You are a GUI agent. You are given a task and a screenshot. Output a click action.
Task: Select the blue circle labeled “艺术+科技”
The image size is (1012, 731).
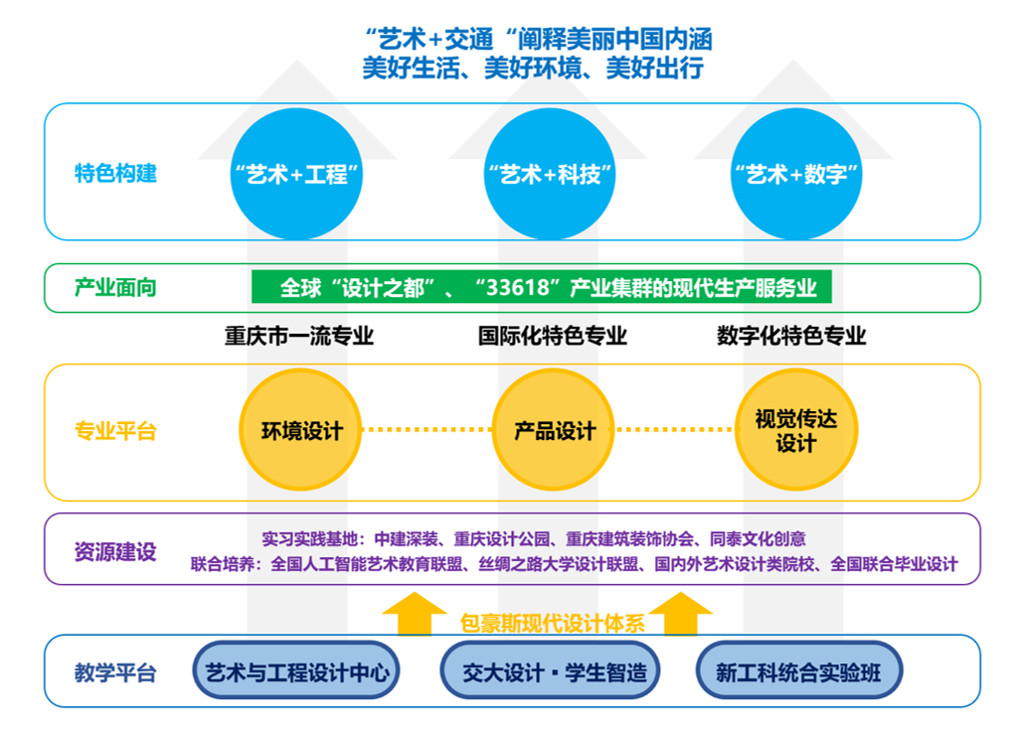(550, 174)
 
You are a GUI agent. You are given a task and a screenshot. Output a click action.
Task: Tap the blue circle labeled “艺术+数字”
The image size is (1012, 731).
(795, 174)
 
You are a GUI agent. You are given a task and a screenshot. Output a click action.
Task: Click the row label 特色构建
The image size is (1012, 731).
(115, 174)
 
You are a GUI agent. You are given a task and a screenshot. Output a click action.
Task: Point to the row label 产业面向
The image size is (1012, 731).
(115, 288)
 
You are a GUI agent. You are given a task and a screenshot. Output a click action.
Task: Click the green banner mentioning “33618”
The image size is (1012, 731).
(541, 288)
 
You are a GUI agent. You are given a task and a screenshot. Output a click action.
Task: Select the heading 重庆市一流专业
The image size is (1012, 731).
(298, 336)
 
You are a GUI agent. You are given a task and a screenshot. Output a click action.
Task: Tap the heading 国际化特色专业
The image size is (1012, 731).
(552, 336)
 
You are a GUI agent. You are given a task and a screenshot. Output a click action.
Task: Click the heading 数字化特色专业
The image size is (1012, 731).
(791, 336)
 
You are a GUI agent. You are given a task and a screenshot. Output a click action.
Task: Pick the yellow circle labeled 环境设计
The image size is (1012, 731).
(300, 431)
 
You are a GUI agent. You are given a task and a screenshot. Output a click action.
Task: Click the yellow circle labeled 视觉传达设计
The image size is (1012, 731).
(795, 431)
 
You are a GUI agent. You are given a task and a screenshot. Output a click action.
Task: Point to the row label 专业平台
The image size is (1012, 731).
(115, 431)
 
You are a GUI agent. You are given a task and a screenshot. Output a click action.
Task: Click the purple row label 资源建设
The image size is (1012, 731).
(115, 551)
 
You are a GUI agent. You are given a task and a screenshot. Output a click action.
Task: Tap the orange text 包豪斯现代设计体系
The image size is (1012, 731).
(552, 624)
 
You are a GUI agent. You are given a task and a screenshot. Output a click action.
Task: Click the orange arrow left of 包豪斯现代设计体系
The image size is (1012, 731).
(415, 614)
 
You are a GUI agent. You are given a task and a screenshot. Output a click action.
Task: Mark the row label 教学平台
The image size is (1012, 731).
(115, 672)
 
